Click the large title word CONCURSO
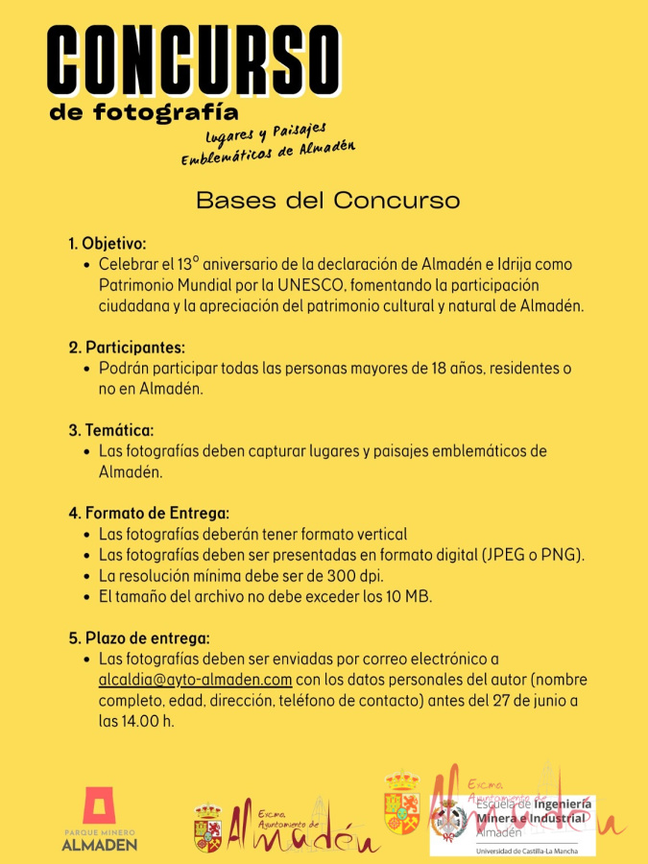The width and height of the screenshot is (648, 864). coord(194,60)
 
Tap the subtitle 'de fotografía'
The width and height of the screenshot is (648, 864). coord(144,112)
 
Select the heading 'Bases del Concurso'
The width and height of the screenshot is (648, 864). coord(327,201)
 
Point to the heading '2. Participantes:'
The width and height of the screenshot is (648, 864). coord(126,348)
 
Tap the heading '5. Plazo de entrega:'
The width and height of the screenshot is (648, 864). coord(138,637)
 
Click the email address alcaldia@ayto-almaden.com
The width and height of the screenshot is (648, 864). coord(195,680)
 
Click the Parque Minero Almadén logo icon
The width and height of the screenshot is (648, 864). coord(99,806)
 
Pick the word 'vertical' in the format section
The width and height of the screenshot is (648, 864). coord(381,534)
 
